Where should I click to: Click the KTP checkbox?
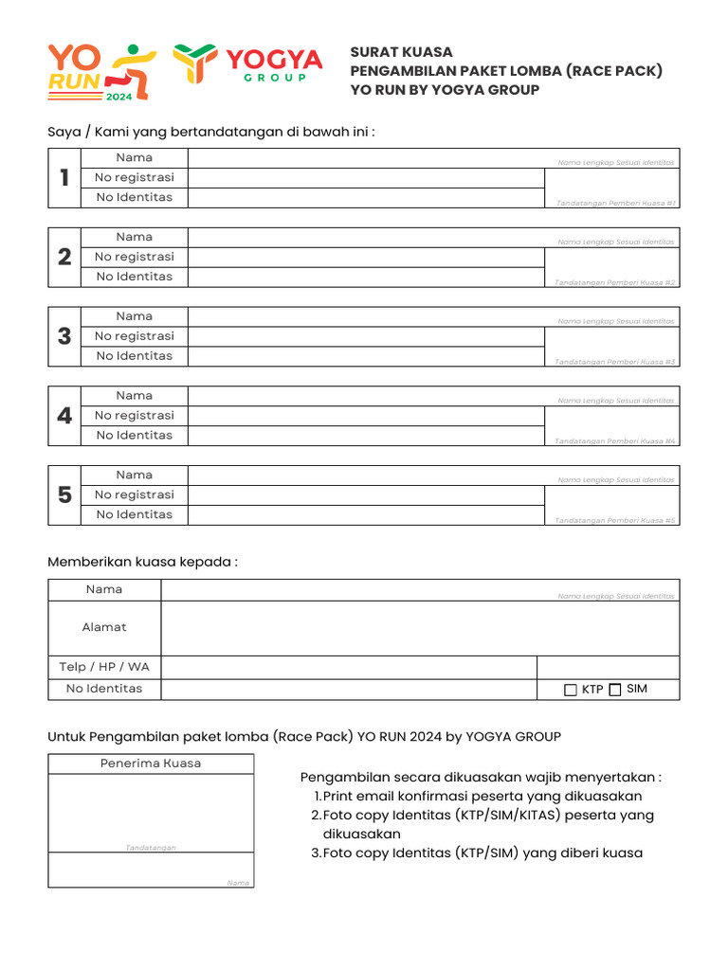[571, 691]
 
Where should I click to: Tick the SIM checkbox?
[615, 690]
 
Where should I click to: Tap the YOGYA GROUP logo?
[247, 64]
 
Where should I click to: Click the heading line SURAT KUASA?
[402, 52]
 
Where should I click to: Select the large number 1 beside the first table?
[64, 177]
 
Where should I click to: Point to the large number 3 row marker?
[64, 336]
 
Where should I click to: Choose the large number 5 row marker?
[64, 494]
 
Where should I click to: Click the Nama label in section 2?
[135, 237]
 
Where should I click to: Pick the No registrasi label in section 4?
[135, 415]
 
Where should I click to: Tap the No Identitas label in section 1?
[135, 197]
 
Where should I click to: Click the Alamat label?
[104, 627]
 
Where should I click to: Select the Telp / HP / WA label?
[104, 667]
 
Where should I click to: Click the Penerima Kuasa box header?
[151, 763]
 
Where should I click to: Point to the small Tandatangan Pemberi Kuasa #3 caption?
[615, 362]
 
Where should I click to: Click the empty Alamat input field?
[420, 628]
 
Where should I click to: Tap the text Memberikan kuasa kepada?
[142, 562]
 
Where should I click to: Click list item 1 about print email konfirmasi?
[482, 797]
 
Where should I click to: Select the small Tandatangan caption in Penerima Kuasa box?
[151, 848]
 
